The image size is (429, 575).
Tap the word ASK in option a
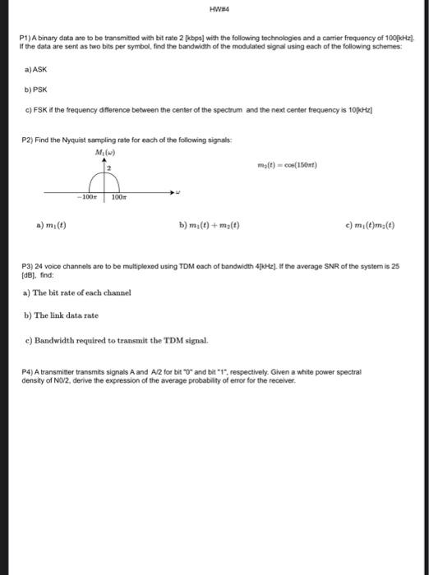tap(35, 71)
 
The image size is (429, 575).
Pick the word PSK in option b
tap(36, 91)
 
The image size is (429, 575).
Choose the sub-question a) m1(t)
tap(52, 223)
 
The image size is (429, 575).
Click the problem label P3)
tap(30, 268)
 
